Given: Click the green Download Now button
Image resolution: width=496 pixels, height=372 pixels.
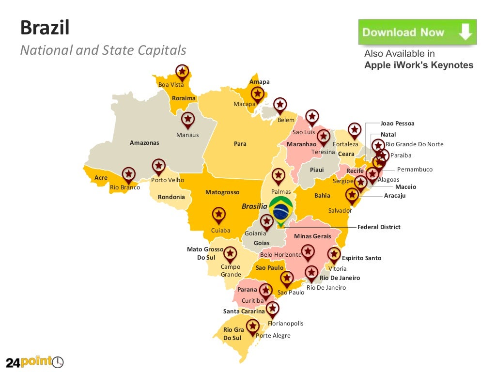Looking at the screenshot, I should pyautogui.click(x=417, y=32).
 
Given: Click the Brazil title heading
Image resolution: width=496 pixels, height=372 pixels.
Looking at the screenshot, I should pyautogui.click(x=45, y=28).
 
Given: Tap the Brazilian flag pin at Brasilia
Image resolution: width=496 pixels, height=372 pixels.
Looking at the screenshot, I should pyautogui.click(x=280, y=210).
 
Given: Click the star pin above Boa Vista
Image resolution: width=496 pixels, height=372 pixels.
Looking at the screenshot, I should pyautogui.click(x=182, y=72).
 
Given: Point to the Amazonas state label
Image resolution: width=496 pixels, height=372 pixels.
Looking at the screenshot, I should pyautogui.click(x=144, y=143).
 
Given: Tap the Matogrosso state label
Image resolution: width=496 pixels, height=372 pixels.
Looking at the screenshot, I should pyautogui.click(x=222, y=192).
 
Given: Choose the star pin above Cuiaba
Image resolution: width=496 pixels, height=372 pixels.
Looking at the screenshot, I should pyautogui.click(x=219, y=215).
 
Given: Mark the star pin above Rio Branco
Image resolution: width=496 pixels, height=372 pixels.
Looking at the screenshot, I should pyautogui.click(x=128, y=174).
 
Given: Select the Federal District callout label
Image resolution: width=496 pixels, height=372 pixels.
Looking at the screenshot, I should pyautogui.click(x=379, y=227).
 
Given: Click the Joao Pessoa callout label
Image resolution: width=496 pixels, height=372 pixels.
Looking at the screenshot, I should pyautogui.click(x=397, y=124).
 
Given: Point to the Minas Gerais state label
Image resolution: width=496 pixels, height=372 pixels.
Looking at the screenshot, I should pyautogui.click(x=312, y=236).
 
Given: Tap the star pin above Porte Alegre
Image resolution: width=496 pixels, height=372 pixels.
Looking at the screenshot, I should pyautogui.click(x=252, y=326).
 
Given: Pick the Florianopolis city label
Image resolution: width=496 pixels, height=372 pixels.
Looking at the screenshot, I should pyautogui.click(x=285, y=324).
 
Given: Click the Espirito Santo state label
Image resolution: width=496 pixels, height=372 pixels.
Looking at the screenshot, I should pyautogui.click(x=361, y=258).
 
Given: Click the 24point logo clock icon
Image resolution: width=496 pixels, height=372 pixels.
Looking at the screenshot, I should pyautogui.click(x=58, y=362).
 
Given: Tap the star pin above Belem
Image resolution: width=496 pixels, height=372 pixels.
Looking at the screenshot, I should pyautogui.click(x=280, y=105).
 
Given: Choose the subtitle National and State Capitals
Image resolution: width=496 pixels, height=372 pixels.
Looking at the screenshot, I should pyautogui.click(x=103, y=50).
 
